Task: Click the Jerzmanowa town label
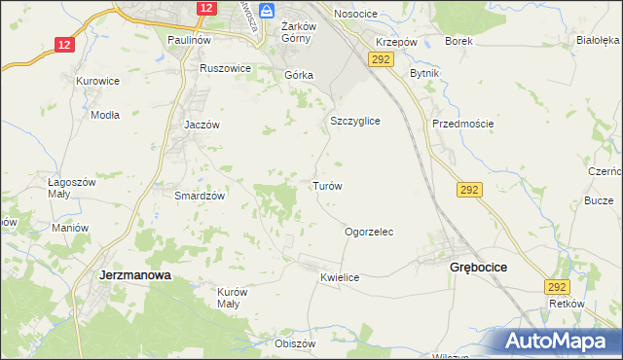135,275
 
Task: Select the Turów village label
325,185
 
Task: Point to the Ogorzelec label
369,233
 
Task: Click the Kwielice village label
340,278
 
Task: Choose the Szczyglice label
354,121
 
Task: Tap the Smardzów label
200,196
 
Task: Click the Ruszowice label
225,69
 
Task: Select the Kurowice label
97,81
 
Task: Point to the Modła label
104,114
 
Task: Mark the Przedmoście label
463,124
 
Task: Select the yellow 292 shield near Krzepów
380,60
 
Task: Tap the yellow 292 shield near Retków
557,287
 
